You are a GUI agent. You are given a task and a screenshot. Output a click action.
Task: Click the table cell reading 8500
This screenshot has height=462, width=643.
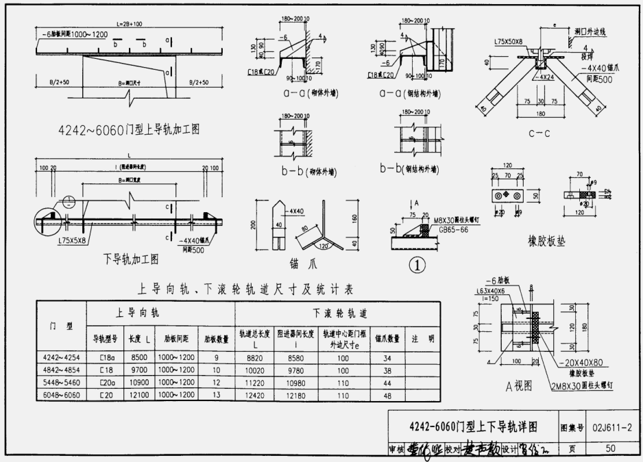point(139,357)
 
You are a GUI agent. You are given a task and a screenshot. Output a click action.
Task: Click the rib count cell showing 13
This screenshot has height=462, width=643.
point(216,395)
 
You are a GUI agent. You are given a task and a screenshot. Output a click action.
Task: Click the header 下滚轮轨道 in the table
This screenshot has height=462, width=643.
point(340,313)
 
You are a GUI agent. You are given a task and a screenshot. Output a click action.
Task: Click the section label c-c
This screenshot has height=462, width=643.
point(539,134)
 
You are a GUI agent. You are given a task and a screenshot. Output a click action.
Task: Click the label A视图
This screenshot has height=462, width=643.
point(518,386)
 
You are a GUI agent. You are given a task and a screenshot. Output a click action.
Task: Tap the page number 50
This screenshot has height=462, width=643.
point(611,448)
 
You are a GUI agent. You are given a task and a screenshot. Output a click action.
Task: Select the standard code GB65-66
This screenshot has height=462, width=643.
point(453,231)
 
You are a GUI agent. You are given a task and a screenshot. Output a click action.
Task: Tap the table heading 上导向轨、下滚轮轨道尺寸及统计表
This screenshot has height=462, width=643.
point(245,290)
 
